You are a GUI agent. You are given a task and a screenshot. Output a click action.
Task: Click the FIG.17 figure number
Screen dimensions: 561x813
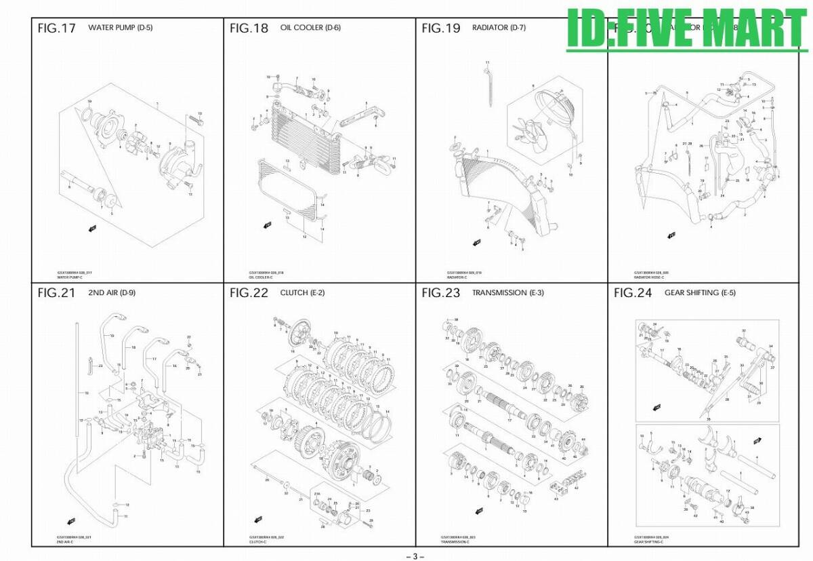point(57,28)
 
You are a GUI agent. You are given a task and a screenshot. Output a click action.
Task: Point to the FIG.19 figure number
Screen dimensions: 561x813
point(440,28)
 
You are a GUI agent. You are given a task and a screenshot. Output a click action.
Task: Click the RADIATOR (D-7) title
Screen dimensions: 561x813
point(499,28)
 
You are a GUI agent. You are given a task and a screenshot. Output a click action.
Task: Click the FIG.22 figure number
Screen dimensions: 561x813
point(249,293)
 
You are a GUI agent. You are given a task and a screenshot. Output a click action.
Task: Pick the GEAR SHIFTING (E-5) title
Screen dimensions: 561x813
point(700,293)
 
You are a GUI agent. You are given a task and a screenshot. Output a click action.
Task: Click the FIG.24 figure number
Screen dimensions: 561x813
point(633,293)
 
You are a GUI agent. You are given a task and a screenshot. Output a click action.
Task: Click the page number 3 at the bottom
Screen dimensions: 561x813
point(415,556)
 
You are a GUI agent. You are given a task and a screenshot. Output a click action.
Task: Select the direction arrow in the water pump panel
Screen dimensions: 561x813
point(91,229)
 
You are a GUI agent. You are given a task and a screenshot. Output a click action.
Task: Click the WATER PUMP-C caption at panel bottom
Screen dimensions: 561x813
point(70,277)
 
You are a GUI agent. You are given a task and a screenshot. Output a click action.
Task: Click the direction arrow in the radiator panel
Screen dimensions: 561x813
point(476,242)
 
